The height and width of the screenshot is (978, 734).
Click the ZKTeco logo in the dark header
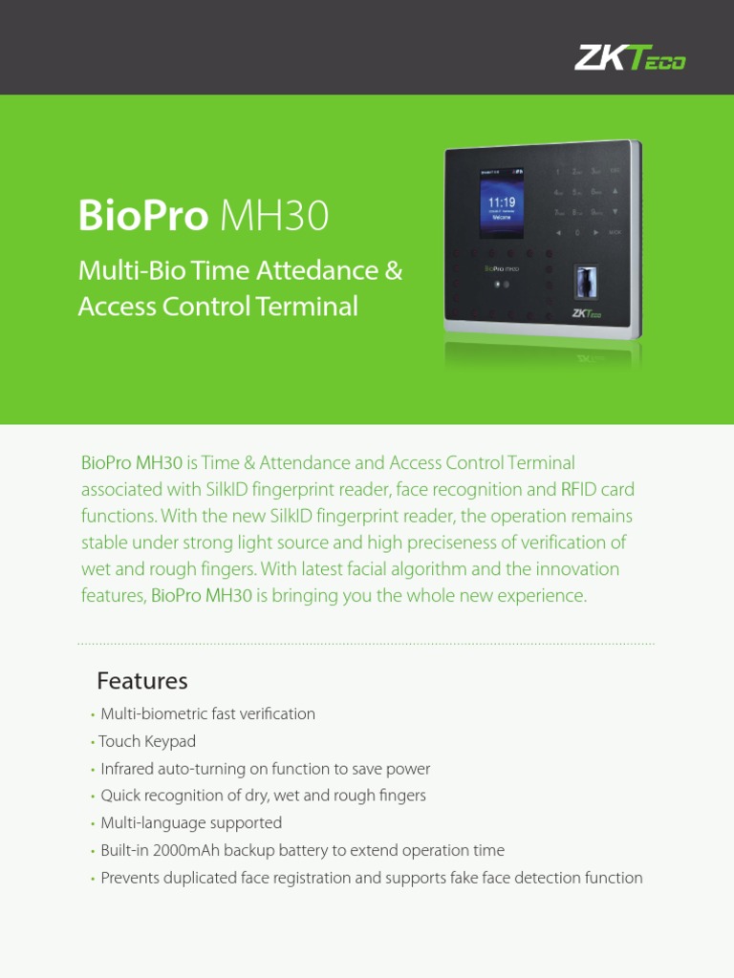630,59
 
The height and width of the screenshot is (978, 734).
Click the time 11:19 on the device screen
502,202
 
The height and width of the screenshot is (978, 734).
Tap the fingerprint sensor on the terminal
582,285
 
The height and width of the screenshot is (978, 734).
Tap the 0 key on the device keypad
576,232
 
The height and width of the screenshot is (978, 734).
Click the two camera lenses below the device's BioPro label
502,285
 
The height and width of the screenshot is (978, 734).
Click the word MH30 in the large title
274,217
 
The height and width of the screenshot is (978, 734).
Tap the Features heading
142,681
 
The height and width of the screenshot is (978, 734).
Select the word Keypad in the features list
169,741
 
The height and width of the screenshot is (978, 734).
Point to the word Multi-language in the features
147,823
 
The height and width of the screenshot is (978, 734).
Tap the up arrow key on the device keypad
615,190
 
